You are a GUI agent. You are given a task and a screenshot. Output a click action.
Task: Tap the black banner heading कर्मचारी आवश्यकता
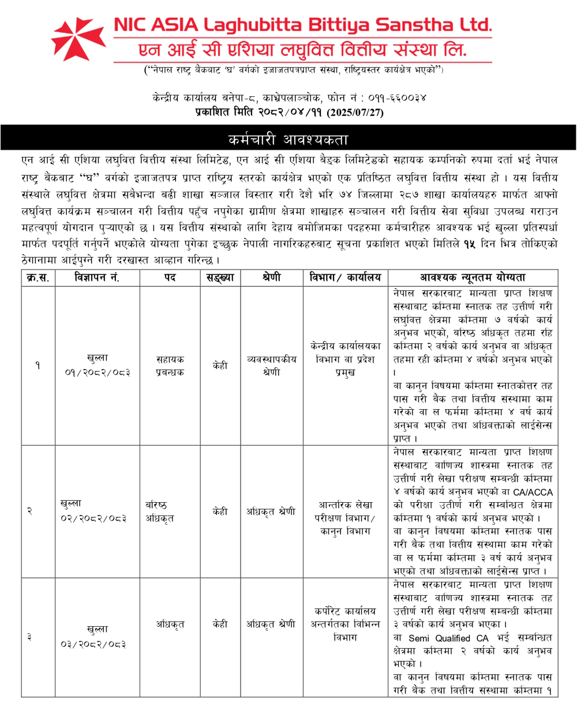click(288, 139)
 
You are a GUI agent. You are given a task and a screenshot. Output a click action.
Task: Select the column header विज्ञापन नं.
click(98, 278)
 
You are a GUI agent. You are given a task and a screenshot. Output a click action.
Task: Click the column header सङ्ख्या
click(220, 278)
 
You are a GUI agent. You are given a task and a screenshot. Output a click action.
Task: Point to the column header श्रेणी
click(271, 278)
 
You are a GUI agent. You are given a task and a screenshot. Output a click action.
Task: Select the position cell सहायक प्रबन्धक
click(170, 365)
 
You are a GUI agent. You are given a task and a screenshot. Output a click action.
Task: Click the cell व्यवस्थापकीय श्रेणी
click(271, 365)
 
